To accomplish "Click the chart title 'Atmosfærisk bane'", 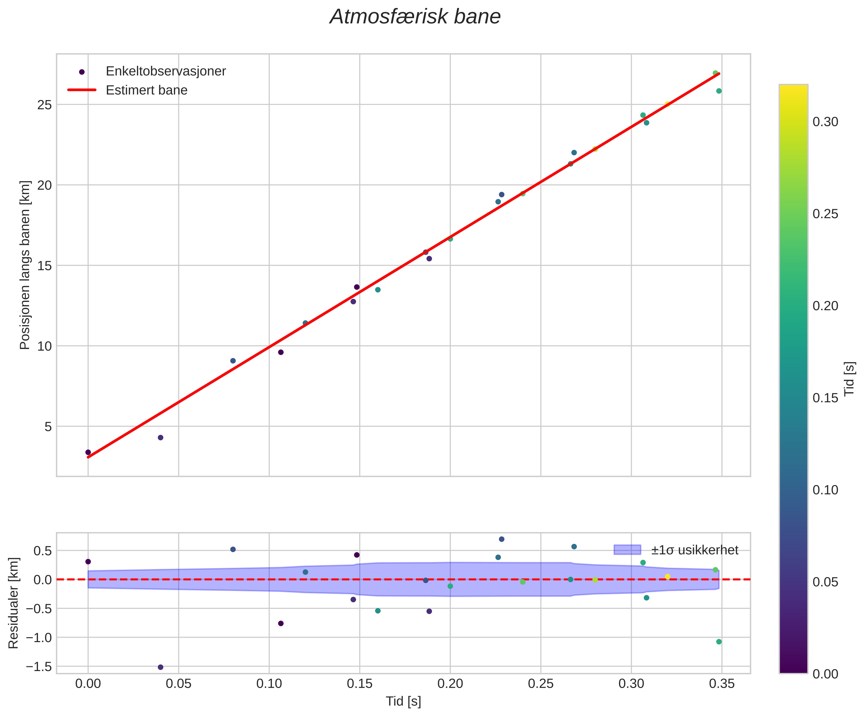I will (415, 17).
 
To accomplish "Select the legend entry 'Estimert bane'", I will (146, 91).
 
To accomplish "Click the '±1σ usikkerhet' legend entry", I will (695, 550).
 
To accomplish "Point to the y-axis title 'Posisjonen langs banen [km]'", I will (25, 265).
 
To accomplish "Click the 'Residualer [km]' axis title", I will (14, 603).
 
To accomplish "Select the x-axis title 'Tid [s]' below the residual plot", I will (403, 701).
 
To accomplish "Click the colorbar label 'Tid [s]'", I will (849, 378).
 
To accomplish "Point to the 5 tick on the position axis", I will (48, 427).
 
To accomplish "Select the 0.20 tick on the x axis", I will (450, 684).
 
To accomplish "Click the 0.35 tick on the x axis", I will (722, 684).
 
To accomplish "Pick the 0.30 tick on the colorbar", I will (825, 122).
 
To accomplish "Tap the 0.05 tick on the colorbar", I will (825, 582).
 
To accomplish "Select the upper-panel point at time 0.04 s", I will (160, 437).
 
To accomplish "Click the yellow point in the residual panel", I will (667, 577).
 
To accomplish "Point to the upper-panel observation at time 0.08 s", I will (233, 361).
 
